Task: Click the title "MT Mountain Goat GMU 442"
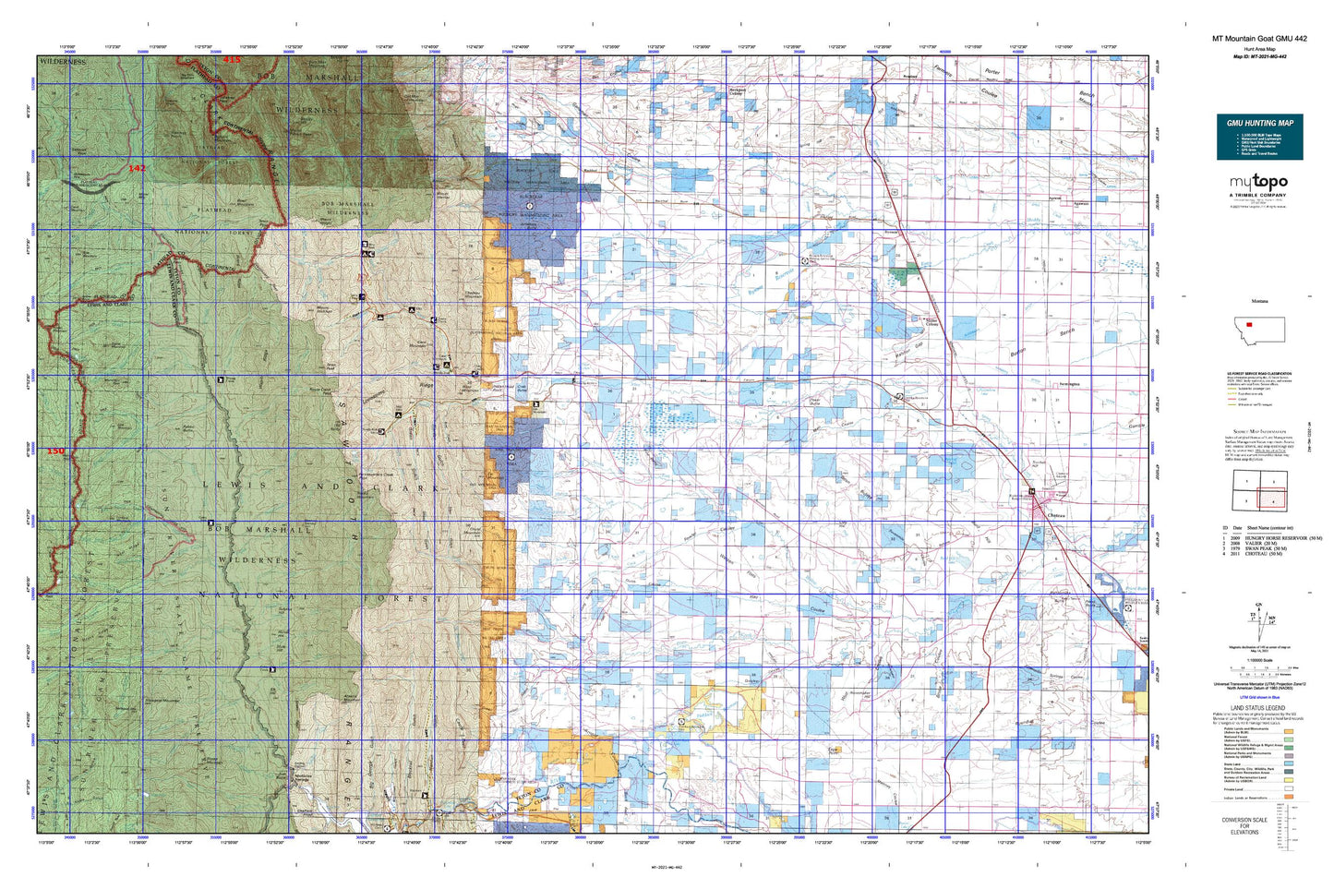pos(1259,39)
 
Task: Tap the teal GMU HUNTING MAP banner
pos(1259,137)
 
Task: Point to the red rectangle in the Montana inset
pos(1249,324)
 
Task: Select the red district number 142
pos(137,168)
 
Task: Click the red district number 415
pos(231,60)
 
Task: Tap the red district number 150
pos(56,451)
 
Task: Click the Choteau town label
pos(1056,515)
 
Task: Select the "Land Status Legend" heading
pos(1259,708)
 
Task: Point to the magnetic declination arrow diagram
pos(1258,615)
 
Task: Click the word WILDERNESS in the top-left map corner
pos(63,62)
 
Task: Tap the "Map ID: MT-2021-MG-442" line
pos(1259,56)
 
